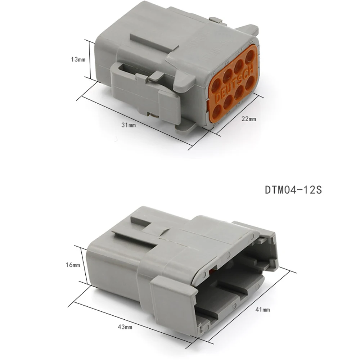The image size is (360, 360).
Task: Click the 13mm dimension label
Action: coord(78,59)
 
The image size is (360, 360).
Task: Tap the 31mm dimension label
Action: coord(129,125)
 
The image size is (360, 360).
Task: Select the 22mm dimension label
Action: coord(249,119)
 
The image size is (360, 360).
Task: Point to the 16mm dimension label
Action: coord(73,265)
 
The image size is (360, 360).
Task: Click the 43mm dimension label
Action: coord(125,327)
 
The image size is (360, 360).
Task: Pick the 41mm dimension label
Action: coord(263,310)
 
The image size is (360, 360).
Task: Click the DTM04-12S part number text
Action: coord(293,190)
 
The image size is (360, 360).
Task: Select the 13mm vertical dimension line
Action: coord(90,60)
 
